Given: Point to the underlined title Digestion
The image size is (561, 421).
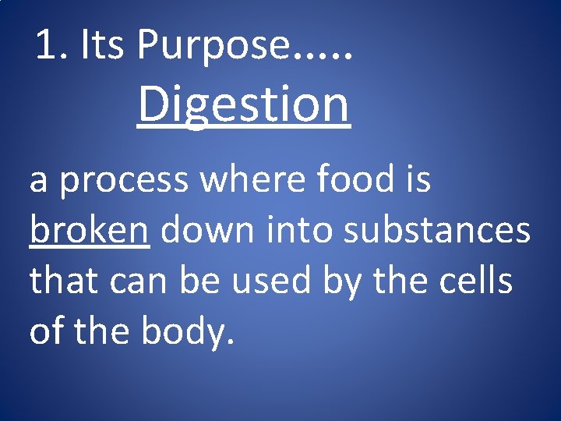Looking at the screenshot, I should (x=244, y=105).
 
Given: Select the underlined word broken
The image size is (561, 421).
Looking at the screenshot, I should (x=89, y=232).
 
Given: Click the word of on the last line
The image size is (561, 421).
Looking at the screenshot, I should (x=46, y=331).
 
